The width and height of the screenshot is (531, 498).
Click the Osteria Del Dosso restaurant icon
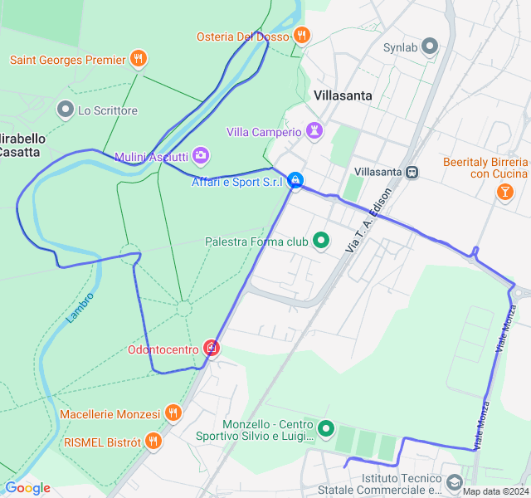click(301, 36)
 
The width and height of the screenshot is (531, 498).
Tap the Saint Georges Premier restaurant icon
click(139, 60)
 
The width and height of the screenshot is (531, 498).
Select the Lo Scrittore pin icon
click(66, 110)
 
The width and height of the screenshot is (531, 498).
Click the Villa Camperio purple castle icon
click(314, 131)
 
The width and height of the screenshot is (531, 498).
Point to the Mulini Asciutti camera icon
click(200, 156)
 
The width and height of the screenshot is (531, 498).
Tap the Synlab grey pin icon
click(429, 46)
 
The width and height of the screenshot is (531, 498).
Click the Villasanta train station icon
click(412, 172)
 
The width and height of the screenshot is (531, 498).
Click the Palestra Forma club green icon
click(321, 242)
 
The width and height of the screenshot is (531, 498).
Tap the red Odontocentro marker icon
click(212, 348)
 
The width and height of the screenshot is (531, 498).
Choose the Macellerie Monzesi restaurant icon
click(173, 413)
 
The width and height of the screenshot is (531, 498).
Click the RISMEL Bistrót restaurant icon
click(153, 442)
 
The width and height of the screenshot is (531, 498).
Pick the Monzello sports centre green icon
click(326, 429)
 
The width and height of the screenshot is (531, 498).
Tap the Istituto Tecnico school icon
click(454, 483)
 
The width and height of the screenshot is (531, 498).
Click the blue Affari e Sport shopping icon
click(295, 181)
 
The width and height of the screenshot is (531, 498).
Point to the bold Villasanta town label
click(343, 95)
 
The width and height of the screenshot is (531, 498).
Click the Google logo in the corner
click(27, 488)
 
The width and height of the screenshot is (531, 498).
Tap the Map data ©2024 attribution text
click(494, 491)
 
